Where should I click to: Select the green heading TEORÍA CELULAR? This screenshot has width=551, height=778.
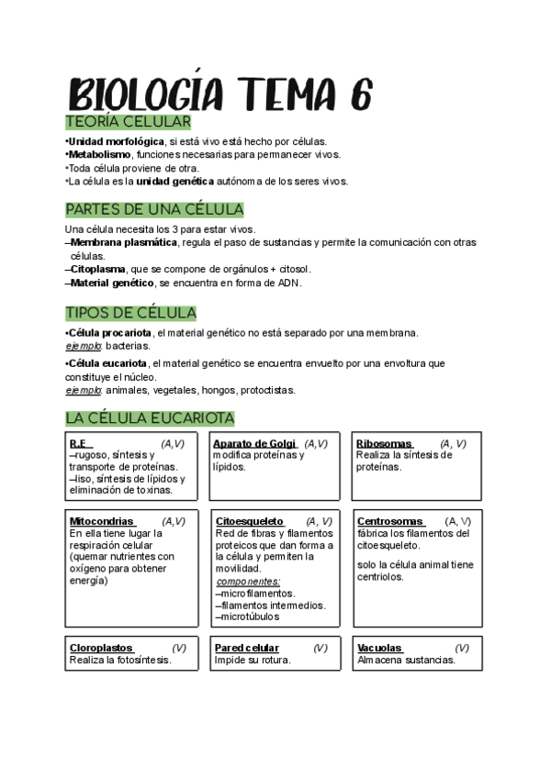tap(128, 122)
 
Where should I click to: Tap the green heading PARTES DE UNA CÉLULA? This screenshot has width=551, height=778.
tap(154, 209)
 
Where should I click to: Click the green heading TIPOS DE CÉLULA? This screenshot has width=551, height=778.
tap(130, 313)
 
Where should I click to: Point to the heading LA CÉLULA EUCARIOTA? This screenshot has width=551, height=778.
tap(150, 418)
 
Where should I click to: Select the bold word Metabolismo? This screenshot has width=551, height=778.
tap(98, 154)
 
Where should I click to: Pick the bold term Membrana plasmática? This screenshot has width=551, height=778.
tap(124, 242)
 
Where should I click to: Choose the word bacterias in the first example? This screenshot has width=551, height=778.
tap(128, 346)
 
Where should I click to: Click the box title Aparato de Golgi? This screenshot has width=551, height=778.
tap(253, 444)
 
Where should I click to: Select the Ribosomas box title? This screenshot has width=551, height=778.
tap(384, 444)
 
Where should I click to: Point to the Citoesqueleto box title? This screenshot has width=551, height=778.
tap(250, 521)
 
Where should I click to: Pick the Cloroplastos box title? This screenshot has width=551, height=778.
tap(101, 648)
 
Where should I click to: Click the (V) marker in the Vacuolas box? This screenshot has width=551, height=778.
tap(461, 648)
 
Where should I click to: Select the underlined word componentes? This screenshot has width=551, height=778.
tap(248, 581)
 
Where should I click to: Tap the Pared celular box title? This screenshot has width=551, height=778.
tap(247, 648)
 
